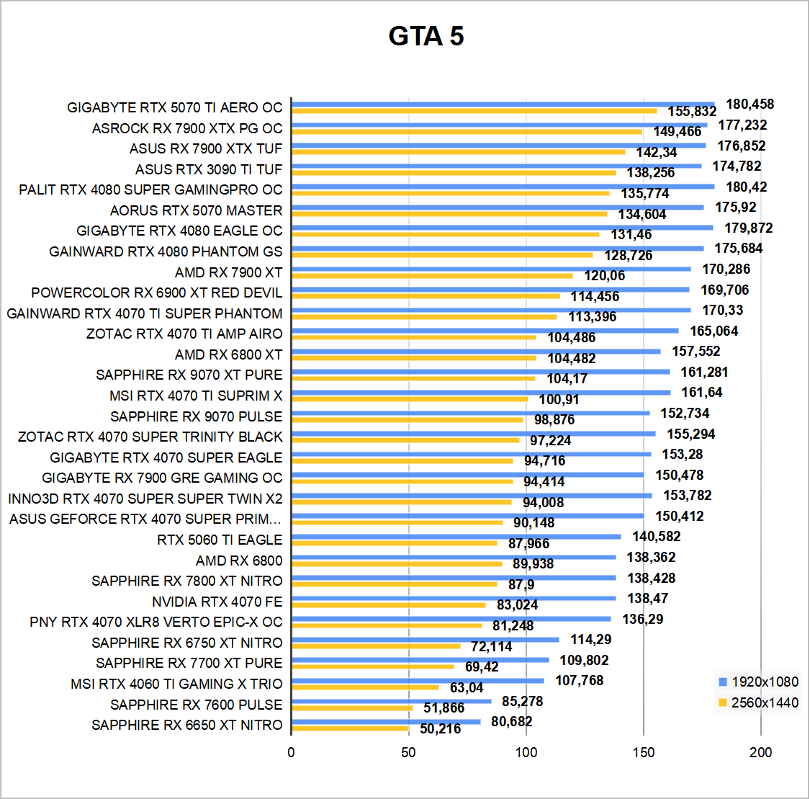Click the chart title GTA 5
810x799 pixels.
(x=426, y=36)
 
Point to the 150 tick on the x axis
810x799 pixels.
(x=644, y=752)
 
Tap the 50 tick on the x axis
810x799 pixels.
(x=408, y=752)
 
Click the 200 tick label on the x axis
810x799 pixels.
(x=760, y=752)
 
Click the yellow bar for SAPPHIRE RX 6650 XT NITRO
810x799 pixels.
(x=350, y=728)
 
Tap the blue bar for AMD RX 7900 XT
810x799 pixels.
(x=491, y=269)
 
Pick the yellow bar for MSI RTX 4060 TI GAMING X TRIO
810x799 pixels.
(x=365, y=687)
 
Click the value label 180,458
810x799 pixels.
(x=750, y=104)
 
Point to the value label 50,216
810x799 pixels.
(x=440, y=729)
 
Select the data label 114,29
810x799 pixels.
(x=590, y=640)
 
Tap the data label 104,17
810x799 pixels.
(x=567, y=379)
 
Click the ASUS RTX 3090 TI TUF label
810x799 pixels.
(x=209, y=169)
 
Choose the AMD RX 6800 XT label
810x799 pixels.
(x=228, y=354)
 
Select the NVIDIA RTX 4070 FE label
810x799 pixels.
(x=217, y=602)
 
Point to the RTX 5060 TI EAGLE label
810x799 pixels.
(x=220, y=540)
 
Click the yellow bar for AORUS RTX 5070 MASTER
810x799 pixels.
(x=449, y=214)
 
